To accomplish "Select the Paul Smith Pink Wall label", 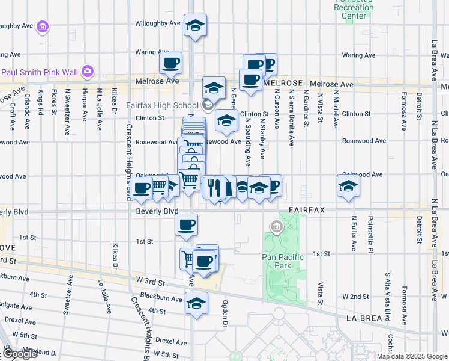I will [x=40, y=72].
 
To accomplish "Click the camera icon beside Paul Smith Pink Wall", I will [x=88, y=72].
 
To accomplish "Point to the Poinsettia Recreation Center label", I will [x=354, y=8].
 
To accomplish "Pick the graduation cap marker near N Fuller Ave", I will [x=348, y=187].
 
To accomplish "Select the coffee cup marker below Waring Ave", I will [x=171, y=63].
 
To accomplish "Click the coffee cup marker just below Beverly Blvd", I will [x=186, y=226].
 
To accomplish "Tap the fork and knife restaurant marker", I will [x=214, y=188].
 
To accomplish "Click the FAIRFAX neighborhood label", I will [x=306, y=211].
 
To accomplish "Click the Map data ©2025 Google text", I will [x=412, y=356].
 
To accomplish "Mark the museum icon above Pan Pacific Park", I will [x=276, y=227].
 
